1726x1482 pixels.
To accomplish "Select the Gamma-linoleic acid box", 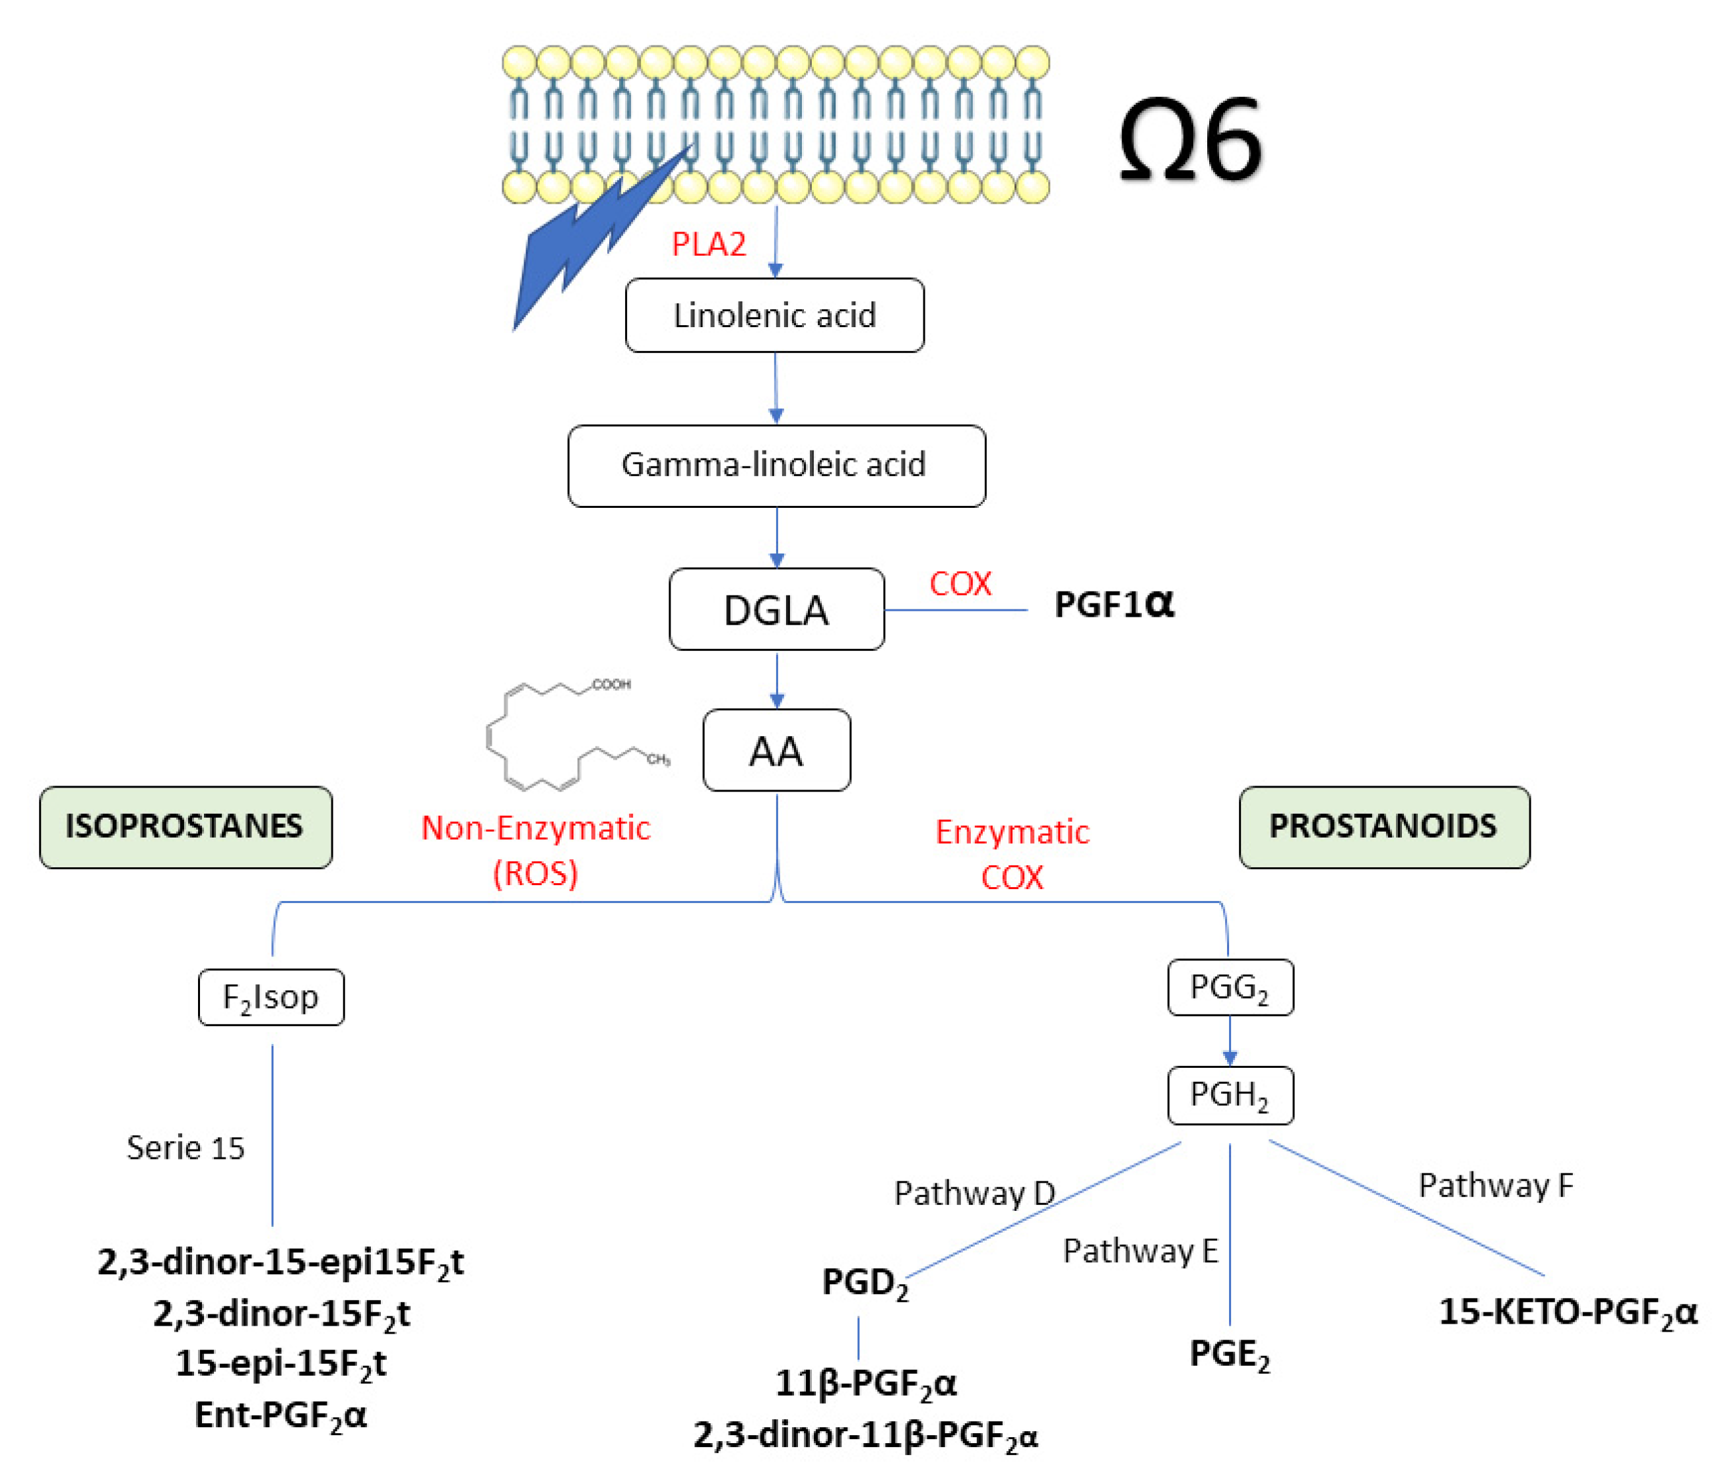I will click(x=776, y=466).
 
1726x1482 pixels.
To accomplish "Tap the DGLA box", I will click(x=776, y=609).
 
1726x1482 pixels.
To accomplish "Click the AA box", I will click(x=776, y=750).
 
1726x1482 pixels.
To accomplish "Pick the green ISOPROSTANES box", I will click(x=185, y=827).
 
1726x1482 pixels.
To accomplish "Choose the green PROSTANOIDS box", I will click(x=1383, y=827).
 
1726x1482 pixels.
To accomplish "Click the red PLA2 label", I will click(x=708, y=245).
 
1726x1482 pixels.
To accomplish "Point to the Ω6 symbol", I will click(x=1189, y=140).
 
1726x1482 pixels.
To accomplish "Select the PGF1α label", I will click(x=1113, y=604).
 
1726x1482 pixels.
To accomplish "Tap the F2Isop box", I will click(x=271, y=997).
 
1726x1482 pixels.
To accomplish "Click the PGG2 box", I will click(x=1230, y=987).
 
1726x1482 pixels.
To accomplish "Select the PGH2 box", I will click(x=1230, y=1095).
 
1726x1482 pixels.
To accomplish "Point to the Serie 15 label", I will click(x=185, y=1148).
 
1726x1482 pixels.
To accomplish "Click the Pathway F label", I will click(x=1495, y=1185).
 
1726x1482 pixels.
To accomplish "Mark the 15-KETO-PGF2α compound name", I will click(x=1567, y=1312).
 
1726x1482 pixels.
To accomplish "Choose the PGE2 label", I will click(x=1230, y=1354).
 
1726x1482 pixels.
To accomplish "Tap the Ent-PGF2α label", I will click(x=280, y=1415).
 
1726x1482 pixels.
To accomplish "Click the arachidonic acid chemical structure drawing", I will click(x=575, y=737).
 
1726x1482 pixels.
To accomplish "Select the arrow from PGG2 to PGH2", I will click(x=1230, y=1041).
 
